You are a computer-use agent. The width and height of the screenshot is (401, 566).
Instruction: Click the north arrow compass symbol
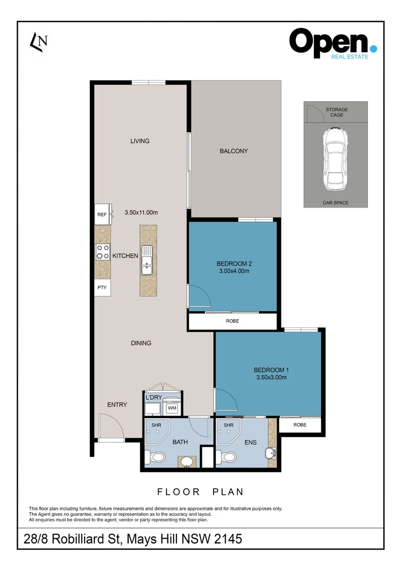click(x=39, y=42)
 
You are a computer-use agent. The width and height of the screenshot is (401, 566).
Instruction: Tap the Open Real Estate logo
click(x=333, y=44)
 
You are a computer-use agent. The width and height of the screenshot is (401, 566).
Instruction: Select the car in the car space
click(x=336, y=159)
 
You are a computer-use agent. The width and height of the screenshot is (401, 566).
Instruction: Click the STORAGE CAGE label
click(x=336, y=112)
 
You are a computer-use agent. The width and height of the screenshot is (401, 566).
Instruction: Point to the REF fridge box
click(x=103, y=214)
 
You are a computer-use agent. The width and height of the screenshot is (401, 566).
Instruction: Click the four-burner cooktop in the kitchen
click(x=102, y=252)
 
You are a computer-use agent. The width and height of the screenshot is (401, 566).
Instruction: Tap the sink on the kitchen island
click(x=147, y=260)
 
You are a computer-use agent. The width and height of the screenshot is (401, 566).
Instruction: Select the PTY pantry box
click(x=102, y=287)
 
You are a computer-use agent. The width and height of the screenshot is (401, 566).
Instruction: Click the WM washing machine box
click(x=172, y=408)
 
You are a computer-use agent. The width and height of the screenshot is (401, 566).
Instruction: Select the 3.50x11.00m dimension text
click(x=141, y=213)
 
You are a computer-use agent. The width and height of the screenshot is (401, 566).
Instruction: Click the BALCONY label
click(x=234, y=151)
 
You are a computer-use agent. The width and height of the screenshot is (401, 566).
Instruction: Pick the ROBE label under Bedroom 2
click(x=233, y=321)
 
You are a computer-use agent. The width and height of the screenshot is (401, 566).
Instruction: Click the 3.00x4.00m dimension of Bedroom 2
click(x=234, y=271)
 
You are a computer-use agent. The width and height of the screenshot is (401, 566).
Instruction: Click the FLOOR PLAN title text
click(x=201, y=492)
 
